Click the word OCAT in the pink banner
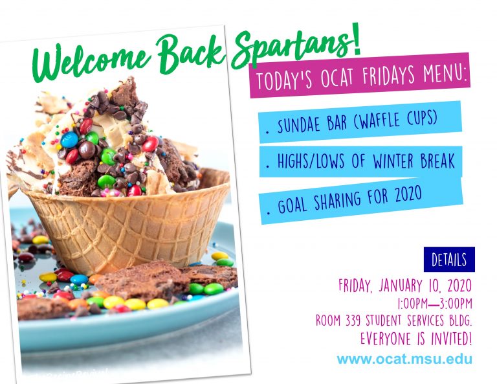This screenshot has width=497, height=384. click(x=337, y=77)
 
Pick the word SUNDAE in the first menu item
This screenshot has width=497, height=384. click(x=300, y=124)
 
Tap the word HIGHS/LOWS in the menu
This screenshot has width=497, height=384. click(x=311, y=161)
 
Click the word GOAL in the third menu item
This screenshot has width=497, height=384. click(x=293, y=204)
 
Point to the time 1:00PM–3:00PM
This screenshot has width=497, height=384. click(x=434, y=303)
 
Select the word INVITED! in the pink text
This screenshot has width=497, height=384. click(x=451, y=339)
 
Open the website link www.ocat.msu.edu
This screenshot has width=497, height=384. click(x=404, y=359)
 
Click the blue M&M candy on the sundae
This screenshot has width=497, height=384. click(x=69, y=140)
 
